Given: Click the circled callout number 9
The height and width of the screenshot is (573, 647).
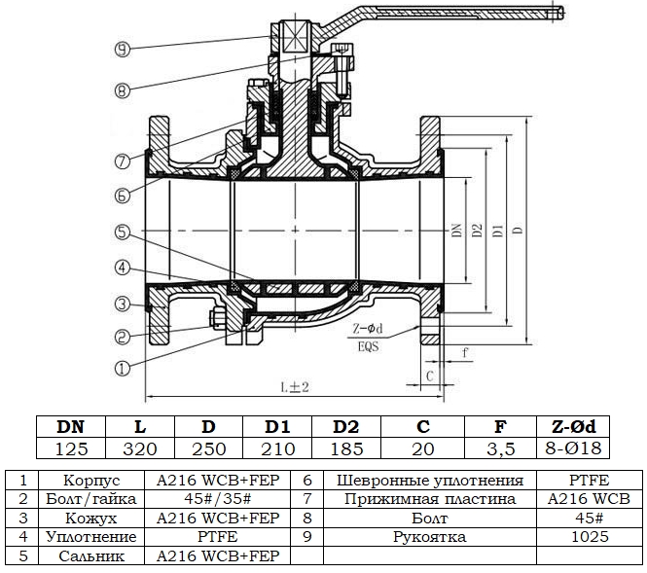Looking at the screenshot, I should tap(120, 47).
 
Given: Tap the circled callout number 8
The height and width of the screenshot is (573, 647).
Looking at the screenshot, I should tap(120, 91).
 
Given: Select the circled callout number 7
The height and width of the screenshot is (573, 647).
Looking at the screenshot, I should tap(120, 161).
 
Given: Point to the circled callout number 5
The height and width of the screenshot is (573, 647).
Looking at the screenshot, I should tap(120, 232).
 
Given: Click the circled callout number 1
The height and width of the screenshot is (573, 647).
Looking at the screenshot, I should tap(120, 368).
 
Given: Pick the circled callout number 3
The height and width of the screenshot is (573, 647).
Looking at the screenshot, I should tap(120, 304).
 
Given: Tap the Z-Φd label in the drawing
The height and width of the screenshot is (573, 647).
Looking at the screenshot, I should tap(367, 331).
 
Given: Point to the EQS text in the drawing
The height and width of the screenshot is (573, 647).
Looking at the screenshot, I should tap(367, 345).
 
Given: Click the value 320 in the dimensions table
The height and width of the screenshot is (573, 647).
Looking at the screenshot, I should tap(139, 448).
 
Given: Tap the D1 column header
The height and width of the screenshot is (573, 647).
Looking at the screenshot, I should tap(278, 426).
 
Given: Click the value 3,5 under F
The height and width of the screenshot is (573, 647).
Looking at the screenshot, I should tap(501, 448).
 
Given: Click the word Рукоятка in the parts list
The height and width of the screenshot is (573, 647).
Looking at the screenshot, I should tap(430, 537).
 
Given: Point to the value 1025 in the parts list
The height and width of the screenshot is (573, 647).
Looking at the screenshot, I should tap(590, 537).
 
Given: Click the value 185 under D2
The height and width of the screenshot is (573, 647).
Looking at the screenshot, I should tap(347, 448).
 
